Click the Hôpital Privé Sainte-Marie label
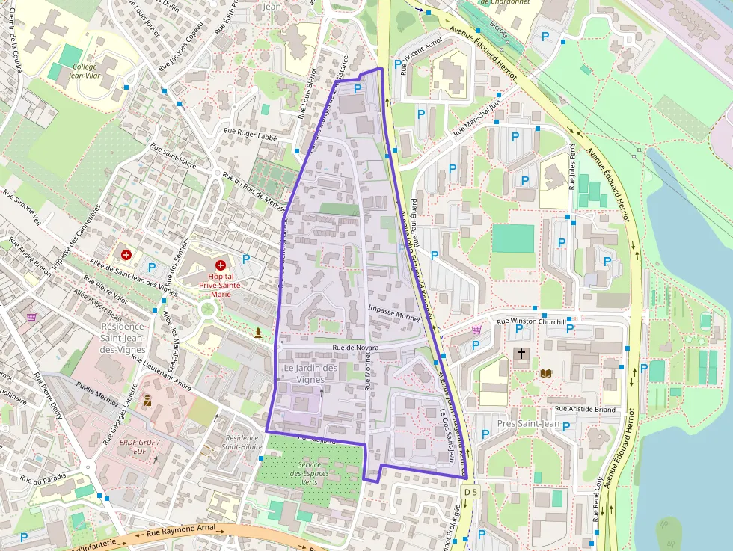click(x=221, y=285)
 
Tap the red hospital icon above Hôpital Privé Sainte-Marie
click(x=221, y=265)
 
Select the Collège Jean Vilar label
click(x=84, y=70)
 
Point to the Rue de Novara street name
click(x=356, y=349)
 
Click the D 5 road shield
click(x=470, y=493)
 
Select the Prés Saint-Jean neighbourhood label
click(x=533, y=424)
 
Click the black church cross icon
click(x=521, y=353)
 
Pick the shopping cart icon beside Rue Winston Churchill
click(x=476, y=329)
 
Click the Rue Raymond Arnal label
click(x=180, y=529)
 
